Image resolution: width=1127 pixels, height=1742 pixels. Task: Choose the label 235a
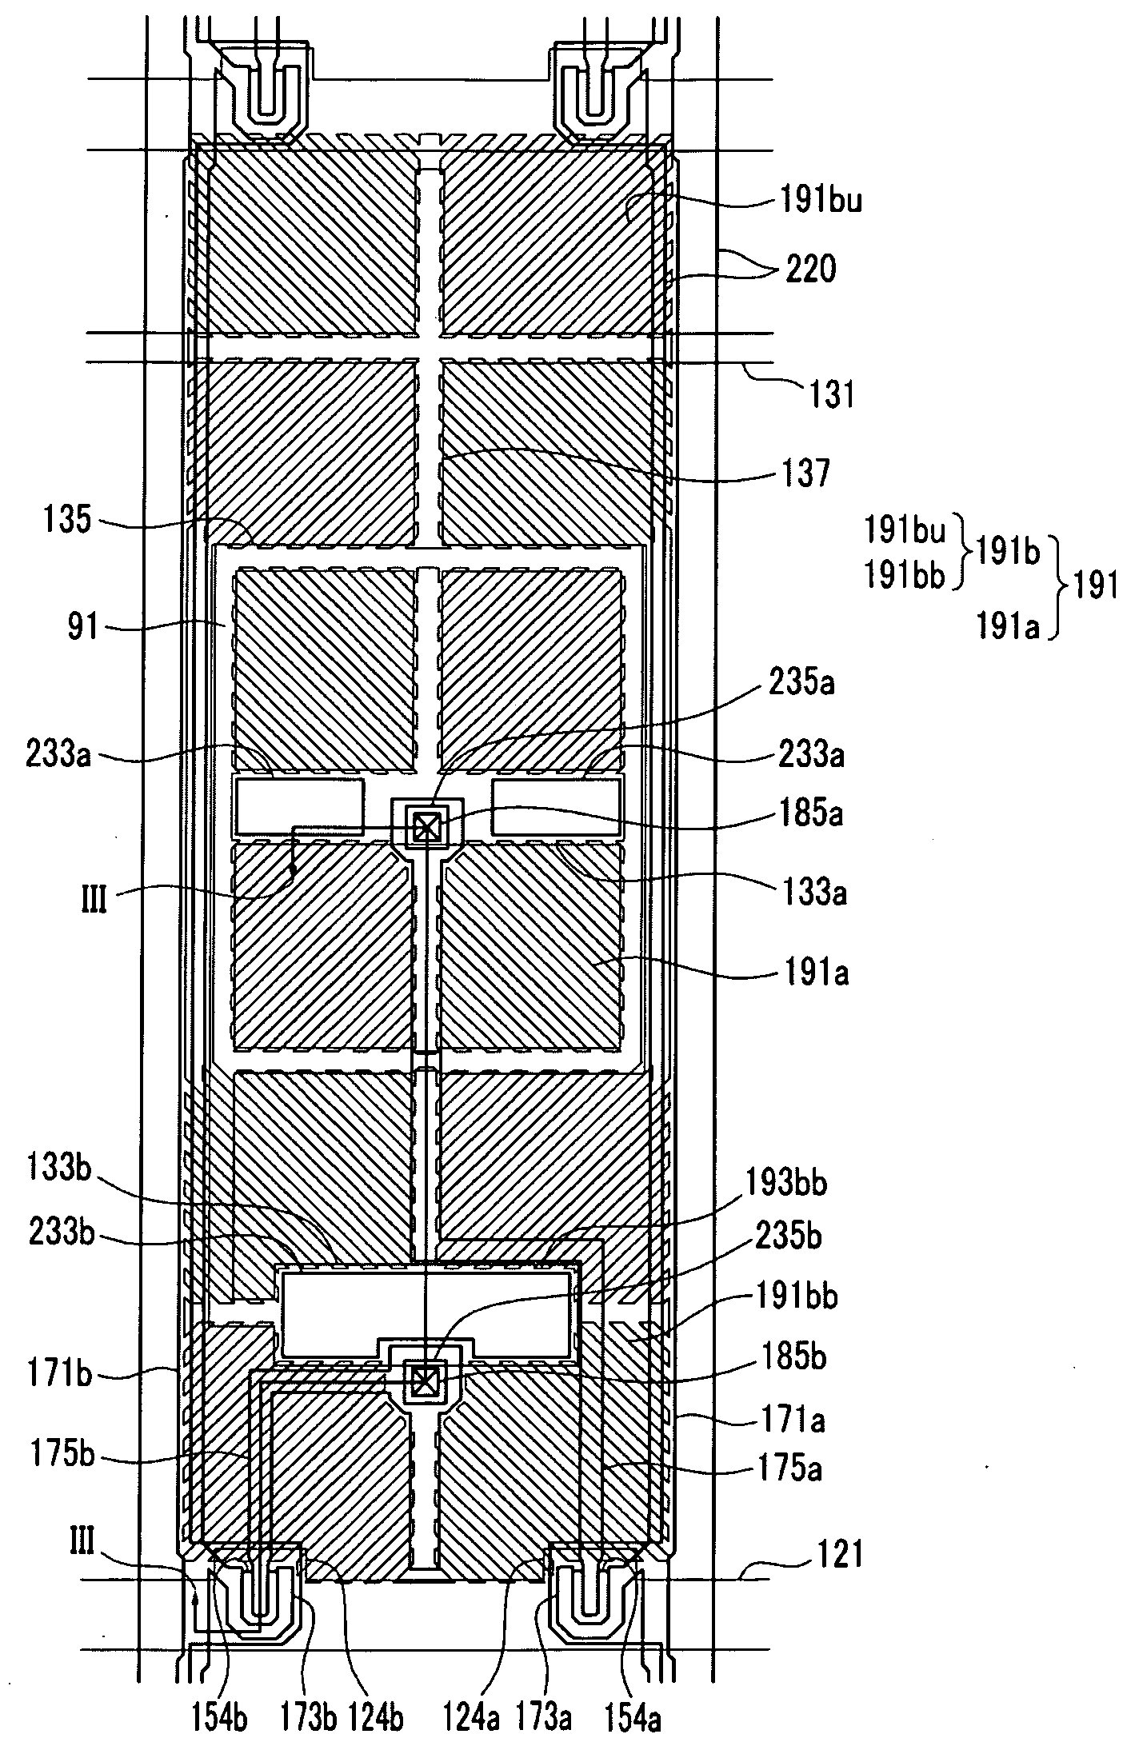pyautogui.click(x=802, y=685)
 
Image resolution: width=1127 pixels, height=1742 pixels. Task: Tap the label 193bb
pyautogui.click(x=785, y=1184)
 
